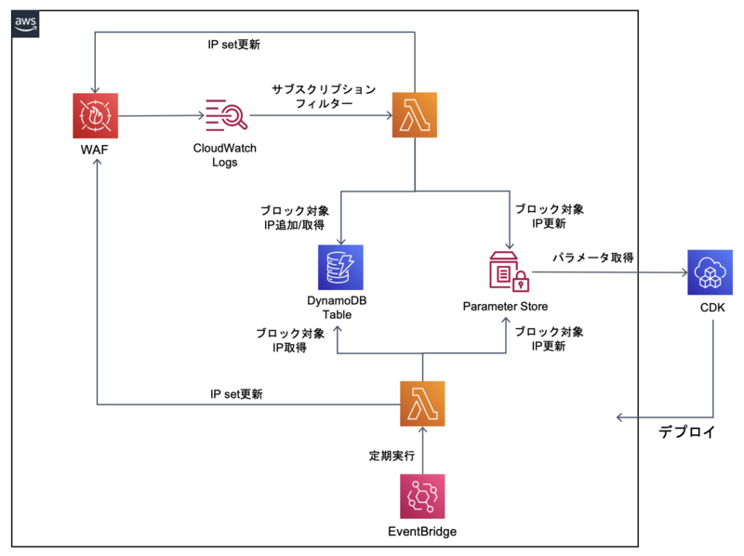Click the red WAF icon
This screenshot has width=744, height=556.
click(97, 115)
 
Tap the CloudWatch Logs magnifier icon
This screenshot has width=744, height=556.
click(225, 115)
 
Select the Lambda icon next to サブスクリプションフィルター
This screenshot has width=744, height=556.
click(414, 115)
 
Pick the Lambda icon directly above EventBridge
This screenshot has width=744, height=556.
click(422, 404)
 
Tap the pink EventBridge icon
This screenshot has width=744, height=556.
click(422, 496)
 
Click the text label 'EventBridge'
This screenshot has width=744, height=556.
click(422, 532)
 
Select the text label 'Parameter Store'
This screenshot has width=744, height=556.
click(506, 306)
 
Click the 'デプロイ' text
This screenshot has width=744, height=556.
click(687, 431)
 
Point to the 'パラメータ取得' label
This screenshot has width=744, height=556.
click(593, 258)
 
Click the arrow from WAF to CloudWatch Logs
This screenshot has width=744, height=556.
click(162, 116)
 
